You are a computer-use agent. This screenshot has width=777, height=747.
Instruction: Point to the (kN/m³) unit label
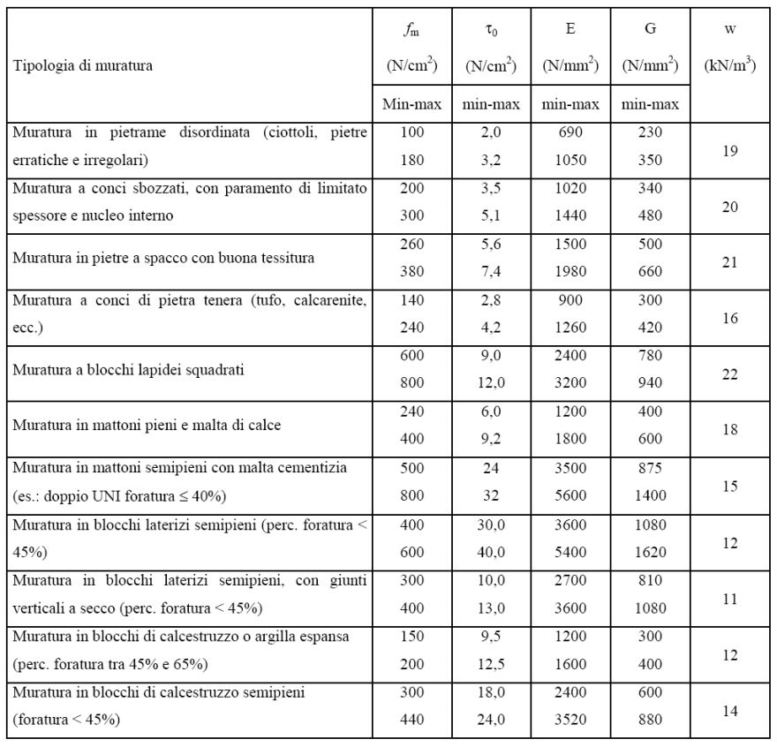pyautogui.click(x=730, y=65)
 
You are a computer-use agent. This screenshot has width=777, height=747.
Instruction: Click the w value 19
pyautogui.click(x=730, y=150)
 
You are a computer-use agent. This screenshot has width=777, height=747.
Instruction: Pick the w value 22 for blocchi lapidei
pyautogui.click(x=730, y=373)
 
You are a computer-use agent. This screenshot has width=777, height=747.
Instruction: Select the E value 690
pyautogui.click(x=570, y=132)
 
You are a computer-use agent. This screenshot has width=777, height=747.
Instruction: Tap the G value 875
pyautogui.click(x=650, y=467)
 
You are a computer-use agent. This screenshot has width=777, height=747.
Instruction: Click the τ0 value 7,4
pyautogui.click(x=491, y=272)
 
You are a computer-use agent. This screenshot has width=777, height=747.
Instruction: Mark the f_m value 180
pyautogui.click(x=411, y=160)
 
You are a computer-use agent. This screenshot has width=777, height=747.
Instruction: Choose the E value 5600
pyautogui.click(x=570, y=495)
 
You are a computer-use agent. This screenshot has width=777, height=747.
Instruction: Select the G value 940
pyautogui.click(x=650, y=384)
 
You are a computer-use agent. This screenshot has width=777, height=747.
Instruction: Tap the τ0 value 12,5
pyautogui.click(x=491, y=663)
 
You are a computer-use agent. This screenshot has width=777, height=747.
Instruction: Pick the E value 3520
pyautogui.click(x=570, y=720)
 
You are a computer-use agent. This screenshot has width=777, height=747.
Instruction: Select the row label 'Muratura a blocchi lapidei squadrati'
pyautogui.click(x=128, y=369)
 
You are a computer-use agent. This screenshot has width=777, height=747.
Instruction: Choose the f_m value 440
pyautogui.click(x=411, y=720)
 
